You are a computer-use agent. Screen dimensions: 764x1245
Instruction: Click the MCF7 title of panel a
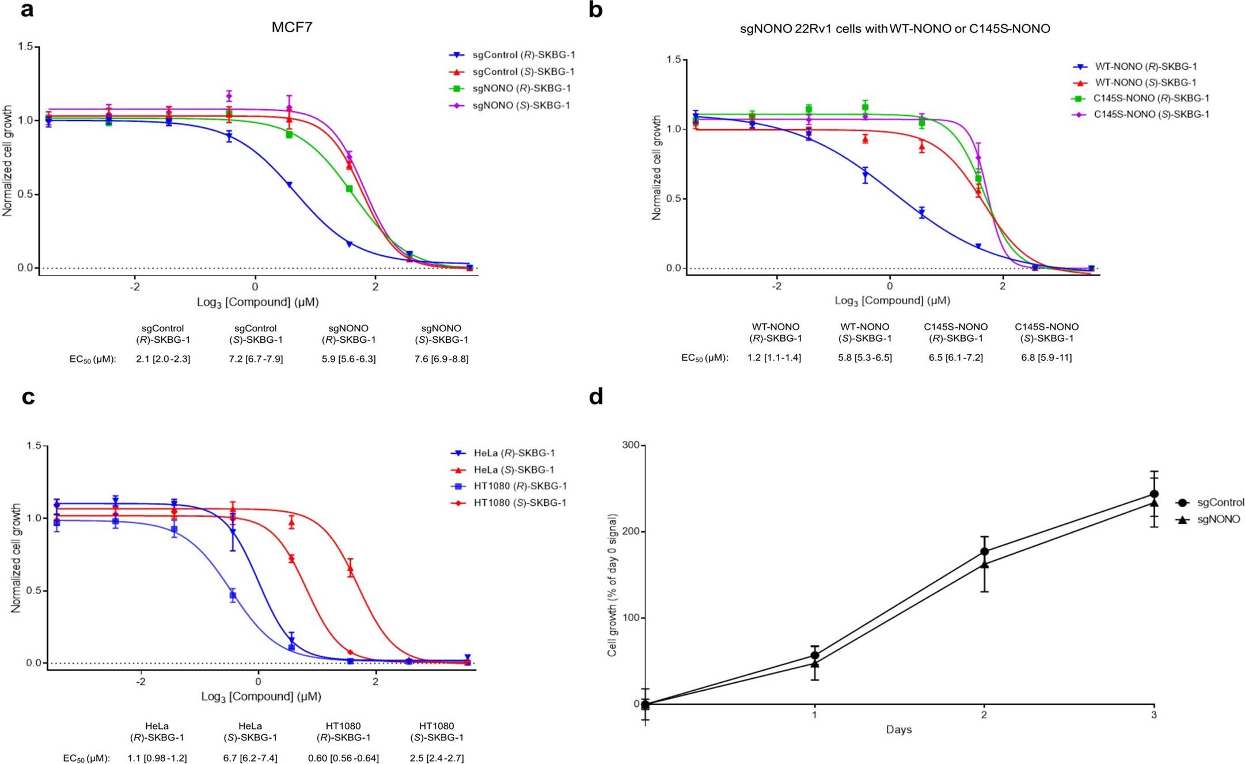292,27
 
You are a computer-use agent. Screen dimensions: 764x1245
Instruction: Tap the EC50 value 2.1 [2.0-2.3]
163,359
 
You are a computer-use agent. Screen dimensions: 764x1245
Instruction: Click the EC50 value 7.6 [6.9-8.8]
441,359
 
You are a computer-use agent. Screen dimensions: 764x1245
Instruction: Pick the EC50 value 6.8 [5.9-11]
1046,358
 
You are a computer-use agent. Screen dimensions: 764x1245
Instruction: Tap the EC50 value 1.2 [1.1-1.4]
774,358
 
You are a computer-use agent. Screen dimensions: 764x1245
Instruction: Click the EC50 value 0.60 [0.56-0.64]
343,758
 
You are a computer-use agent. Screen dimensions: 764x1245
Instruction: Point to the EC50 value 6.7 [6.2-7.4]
250,758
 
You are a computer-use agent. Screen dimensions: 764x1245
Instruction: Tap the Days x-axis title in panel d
898,730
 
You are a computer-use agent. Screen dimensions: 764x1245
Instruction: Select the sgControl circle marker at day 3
1154,494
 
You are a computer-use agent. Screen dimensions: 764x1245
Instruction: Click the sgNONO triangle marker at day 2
984,564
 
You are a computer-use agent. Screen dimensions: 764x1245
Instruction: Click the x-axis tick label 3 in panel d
1153,715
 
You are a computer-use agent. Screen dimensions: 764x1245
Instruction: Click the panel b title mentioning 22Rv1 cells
895,29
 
